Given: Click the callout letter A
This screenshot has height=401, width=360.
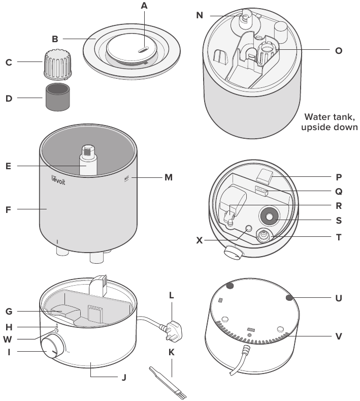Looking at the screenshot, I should tap(145, 6).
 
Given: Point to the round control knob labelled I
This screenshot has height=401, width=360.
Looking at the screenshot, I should tap(50, 351).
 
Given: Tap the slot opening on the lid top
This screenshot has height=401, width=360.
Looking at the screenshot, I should tap(143, 50).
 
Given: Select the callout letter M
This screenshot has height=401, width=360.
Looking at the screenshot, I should tap(168, 177).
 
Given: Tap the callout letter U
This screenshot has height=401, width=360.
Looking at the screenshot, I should tap(339, 298).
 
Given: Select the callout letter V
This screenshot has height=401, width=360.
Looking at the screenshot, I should tap(339, 336).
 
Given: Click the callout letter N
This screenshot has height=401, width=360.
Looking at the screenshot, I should tap(200, 15).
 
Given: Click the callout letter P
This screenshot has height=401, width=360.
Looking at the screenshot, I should tap(339, 177).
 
